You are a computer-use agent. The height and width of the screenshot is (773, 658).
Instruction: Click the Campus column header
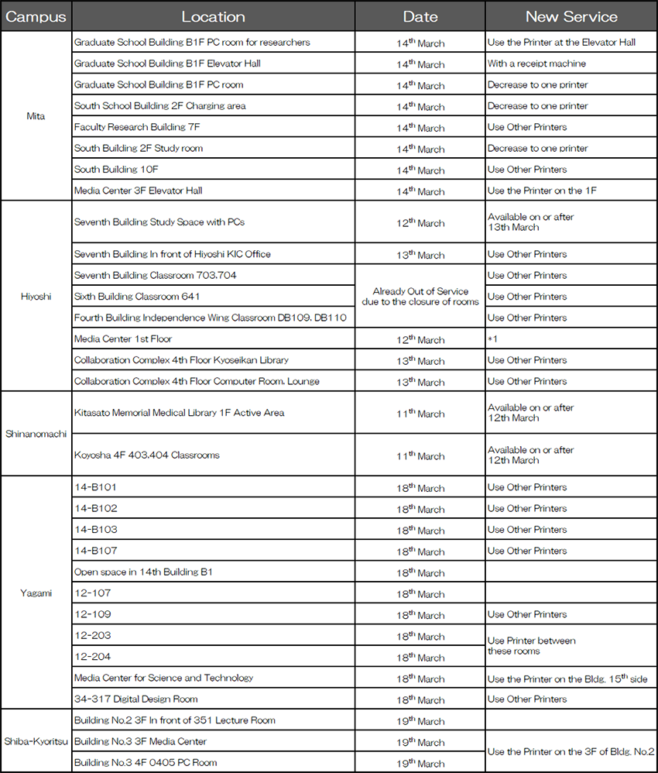coord(36,16)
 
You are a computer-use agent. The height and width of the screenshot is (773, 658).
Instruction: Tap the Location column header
coord(213,16)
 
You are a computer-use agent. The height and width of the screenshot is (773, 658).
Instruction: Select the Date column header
coord(420,16)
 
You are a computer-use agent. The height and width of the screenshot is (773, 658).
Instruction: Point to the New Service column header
coord(571,16)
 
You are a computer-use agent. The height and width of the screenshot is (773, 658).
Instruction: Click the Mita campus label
coord(36,116)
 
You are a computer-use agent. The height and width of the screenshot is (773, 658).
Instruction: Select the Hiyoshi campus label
coord(36,296)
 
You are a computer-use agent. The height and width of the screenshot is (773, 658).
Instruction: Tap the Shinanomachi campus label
coord(36,434)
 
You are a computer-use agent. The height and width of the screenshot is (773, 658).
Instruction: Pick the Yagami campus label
coord(36,593)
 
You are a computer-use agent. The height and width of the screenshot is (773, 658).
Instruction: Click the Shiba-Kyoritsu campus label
coord(36,741)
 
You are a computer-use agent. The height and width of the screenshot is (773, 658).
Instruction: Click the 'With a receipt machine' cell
coord(536,64)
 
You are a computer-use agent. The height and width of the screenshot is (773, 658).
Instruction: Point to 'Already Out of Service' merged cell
coord(420,297)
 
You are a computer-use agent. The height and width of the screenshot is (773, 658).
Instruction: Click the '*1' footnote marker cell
coord(492,339)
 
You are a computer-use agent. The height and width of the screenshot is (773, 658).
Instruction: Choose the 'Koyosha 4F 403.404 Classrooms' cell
coord(146,455)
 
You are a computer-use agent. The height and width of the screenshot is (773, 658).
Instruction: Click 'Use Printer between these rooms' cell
coord(531,646)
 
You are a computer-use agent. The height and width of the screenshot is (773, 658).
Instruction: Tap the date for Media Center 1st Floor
coord(420,339)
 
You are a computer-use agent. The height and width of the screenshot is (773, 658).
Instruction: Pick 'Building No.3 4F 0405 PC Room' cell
coord(146,762)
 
